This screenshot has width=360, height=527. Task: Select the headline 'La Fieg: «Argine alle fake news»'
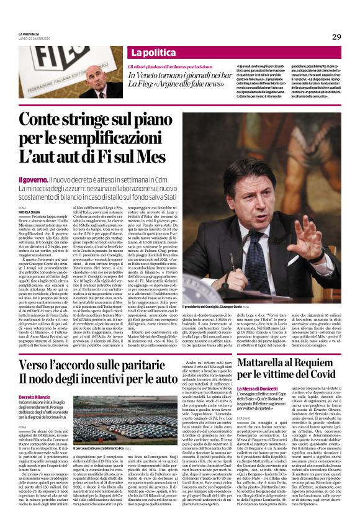(176, 83)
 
